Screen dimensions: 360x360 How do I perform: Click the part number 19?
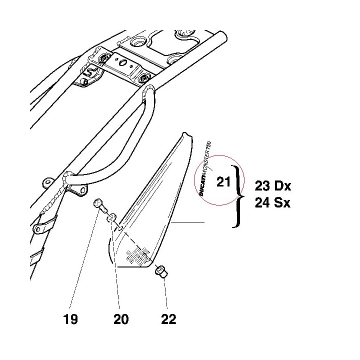click(70, 319)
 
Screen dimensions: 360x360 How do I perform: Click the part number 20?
click(121, 319)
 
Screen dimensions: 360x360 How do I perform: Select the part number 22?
click(169, 319)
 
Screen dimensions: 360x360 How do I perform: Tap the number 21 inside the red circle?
click(223, 182)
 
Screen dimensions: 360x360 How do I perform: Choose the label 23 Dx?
click(273, 185)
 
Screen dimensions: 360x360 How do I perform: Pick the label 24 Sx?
click(272, 202)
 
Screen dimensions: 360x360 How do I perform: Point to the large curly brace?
click(237, 196)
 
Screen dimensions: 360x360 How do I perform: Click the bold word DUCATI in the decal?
click(202, 187)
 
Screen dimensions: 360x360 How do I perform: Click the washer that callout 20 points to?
click(111, 217)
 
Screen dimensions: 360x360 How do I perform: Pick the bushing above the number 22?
click(161, 272)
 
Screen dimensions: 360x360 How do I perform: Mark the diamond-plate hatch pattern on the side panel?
click(137, 256)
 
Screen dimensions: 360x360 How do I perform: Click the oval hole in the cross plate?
click(123, 62)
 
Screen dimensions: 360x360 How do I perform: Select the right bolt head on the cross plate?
click(144, 78)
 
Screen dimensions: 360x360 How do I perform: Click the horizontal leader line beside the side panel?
click(187, 222)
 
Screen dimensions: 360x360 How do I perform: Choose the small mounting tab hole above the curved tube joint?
click(47, 182)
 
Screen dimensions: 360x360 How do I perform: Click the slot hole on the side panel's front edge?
click(120, 228)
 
